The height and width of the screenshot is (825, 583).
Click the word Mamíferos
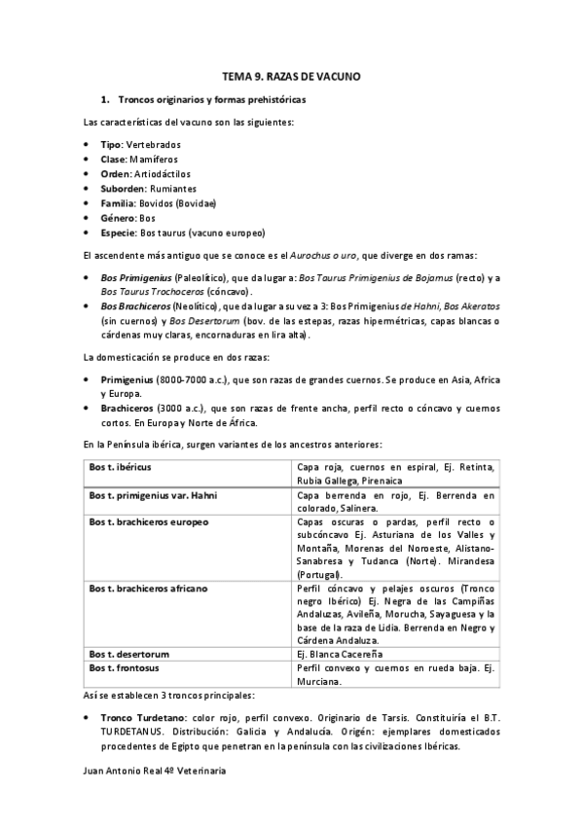153,159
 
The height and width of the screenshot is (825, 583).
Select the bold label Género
118,218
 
